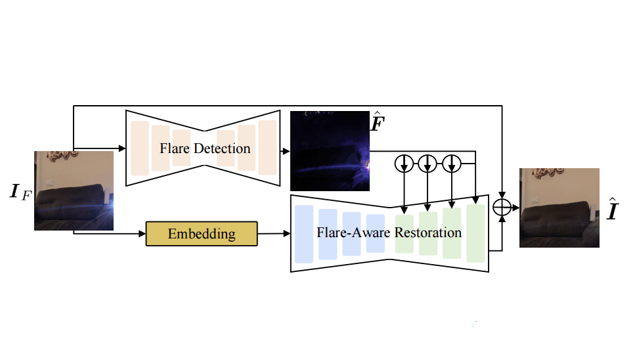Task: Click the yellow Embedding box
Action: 202,234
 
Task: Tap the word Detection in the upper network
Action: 223,148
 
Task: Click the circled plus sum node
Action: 502,208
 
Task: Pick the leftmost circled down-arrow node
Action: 404,164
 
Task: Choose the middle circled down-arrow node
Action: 427,164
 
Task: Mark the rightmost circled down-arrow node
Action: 451,164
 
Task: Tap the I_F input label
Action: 19,193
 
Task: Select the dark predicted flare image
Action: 330,151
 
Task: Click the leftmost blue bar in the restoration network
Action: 304,234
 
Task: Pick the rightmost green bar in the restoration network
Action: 475,233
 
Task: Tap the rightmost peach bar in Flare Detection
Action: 267,148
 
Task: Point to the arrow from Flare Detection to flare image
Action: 285,150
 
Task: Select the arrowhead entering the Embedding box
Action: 142,233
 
